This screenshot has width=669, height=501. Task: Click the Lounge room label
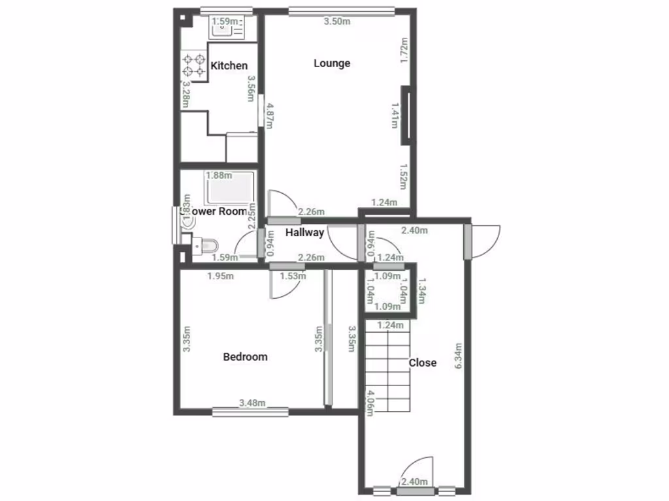click(332, 63)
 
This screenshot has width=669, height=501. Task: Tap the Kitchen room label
click(229, 66)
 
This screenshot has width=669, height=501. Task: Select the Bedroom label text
click(245, 357)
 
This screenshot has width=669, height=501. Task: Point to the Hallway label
click(304, 232)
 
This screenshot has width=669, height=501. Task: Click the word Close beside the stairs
click(422, 363)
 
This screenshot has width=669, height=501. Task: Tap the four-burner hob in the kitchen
click(194, 65)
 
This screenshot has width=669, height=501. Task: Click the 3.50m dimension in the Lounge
click(337, 22)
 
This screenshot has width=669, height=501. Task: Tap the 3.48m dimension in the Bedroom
click(252, 403)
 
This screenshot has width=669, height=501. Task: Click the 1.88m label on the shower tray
click(219, 175)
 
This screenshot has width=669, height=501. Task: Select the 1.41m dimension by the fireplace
click(395, 115)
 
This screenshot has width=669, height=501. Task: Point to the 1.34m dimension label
click(421, 290)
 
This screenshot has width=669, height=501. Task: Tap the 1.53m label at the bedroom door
click(293, 276)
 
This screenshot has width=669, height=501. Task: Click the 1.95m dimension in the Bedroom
click(220, 276)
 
